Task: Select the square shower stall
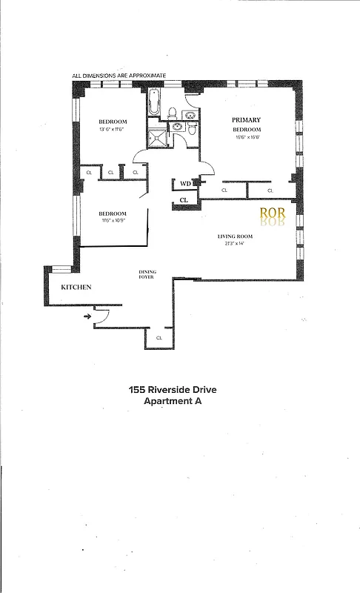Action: (157, 138)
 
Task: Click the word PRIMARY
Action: (245, 119)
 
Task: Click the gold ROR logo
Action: (273, 215)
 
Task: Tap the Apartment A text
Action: (173, 401)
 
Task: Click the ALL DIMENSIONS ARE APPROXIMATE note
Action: (119, 75)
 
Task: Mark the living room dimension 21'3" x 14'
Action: (236, 244)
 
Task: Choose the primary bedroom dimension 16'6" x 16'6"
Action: (246, 136)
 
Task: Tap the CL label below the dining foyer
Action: (159, 338)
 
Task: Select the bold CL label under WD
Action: (184, 199)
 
